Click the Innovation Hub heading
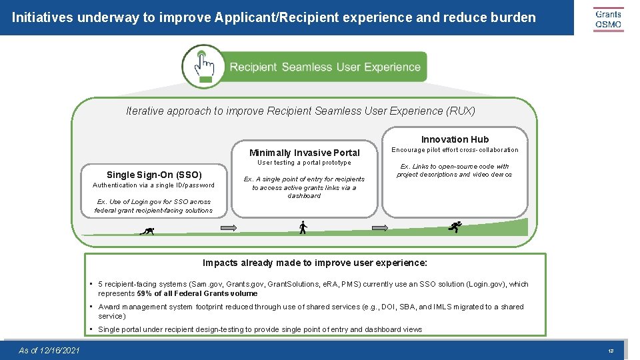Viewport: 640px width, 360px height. pyautogui.click(x=455, y=139)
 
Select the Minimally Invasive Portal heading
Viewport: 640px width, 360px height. pyautogui.click(x=304, y=153)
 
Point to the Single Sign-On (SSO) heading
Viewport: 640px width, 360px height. pyautogui.click(x=154, y=175)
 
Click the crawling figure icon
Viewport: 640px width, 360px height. pyautogui.click(x=147, y=231)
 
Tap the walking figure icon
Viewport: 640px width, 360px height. pyautogui.click(x=303, y=227)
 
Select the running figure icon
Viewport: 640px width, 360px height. pyautogui.click(x=455, y=227)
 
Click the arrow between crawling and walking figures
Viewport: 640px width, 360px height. pyautogui.click(x=229, y=228)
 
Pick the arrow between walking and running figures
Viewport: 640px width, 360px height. pyautogui.click(x=380, y=228)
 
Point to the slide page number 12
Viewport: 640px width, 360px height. pyautogui.click(x=610, y=351)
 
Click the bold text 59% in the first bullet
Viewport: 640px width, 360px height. pyautogui.click(x=145, y=293)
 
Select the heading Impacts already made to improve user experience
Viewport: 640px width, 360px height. pyautogui.click(x=315, y=263)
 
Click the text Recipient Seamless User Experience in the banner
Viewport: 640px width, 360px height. pyautogui.click(x=325, y=67)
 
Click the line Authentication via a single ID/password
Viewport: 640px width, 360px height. pyautogui.click(x=153, y=185)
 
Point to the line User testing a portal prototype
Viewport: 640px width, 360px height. pyautogui.click(x=304, y=163)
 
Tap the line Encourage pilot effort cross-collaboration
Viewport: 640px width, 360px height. pyautogui.click(x=455, y=150)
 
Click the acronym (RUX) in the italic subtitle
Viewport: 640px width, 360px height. pyautogui.click(x=461, y=111)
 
